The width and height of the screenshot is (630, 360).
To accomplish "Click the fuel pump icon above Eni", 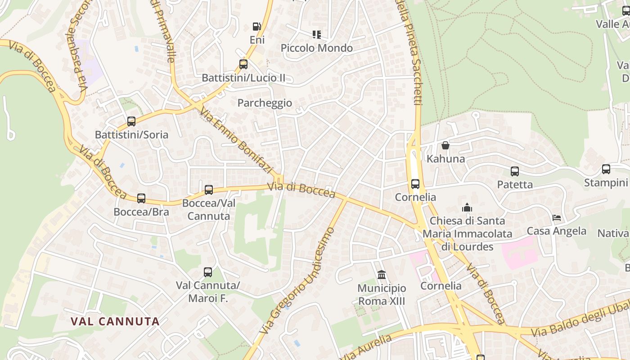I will click(256, 27).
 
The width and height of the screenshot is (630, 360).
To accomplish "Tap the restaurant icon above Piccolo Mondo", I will click(317, 35).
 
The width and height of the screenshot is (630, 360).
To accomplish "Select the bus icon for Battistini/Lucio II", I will click(243, 64).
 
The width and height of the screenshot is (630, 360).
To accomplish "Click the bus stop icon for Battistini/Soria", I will click(131, 121).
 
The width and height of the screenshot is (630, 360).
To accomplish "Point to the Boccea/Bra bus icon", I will click(141, 198).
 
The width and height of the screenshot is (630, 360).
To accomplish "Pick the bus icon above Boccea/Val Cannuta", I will click(209, 190).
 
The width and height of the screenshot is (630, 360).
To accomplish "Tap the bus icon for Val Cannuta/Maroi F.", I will click(208, 272).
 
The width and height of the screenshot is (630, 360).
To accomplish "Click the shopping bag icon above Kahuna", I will click(445, 145).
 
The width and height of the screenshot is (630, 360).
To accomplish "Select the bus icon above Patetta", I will click(515, 171).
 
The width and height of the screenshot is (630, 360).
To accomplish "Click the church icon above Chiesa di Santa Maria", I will click(467, 208).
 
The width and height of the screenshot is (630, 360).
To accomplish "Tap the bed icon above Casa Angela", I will click(557, 218).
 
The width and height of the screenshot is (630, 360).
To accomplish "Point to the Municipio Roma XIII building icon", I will click(382, 274).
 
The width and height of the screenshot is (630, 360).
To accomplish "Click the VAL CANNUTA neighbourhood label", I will click(116, 321).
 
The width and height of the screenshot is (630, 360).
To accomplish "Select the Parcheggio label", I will click(265, 103).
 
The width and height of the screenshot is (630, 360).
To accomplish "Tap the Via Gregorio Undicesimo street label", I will click(298, 281).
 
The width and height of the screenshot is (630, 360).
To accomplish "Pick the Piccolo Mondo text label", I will click(317, 48).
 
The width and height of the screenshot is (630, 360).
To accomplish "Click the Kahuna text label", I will click(446, 159).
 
